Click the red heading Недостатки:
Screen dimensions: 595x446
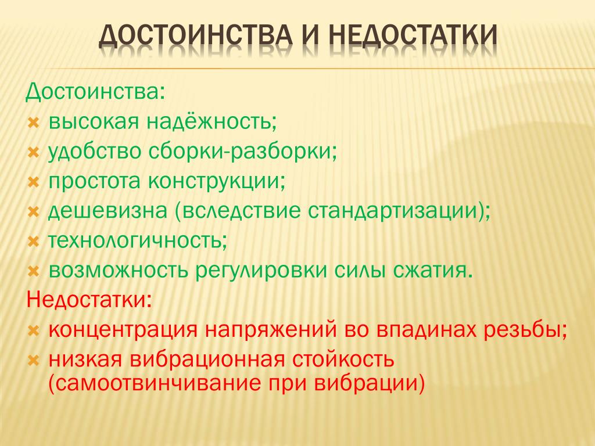coord(89,300)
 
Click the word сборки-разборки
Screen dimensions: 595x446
coord(242,152)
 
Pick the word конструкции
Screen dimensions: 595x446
coord(216,181)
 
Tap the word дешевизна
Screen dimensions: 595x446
coord(107,210)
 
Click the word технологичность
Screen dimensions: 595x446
coord(137,240)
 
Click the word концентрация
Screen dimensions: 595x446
coord(123,330)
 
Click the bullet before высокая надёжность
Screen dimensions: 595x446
coord(34,123)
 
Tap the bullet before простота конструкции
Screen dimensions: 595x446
coord(34,182)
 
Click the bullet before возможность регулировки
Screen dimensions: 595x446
coord(34,271)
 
